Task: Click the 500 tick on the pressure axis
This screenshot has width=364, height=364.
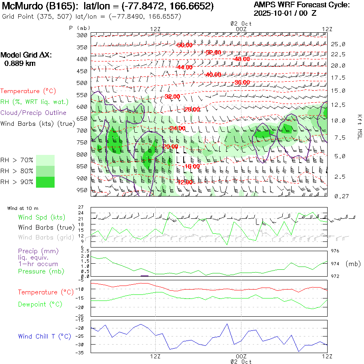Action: coord(83,83)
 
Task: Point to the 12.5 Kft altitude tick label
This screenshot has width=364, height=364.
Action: coord(338,105)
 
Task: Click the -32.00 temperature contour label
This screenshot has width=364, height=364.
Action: coord(172,97)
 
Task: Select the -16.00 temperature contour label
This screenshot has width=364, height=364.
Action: coord(192,166)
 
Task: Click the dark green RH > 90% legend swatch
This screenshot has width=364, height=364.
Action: coord(45,182)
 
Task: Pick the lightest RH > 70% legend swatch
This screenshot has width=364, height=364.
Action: coord(45,160)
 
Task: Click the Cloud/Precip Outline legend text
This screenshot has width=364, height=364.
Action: coord(33,113)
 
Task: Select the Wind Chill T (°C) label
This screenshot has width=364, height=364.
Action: coord(44,336)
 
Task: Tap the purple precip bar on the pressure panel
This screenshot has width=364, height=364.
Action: coord(144,275)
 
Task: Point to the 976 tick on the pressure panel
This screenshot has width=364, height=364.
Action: coord(335,251)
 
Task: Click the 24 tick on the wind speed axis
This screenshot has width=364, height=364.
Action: coord(81,213)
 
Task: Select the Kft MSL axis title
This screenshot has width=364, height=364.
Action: coord(359,127)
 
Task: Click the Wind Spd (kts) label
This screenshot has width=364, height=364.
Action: coord(41,218)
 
